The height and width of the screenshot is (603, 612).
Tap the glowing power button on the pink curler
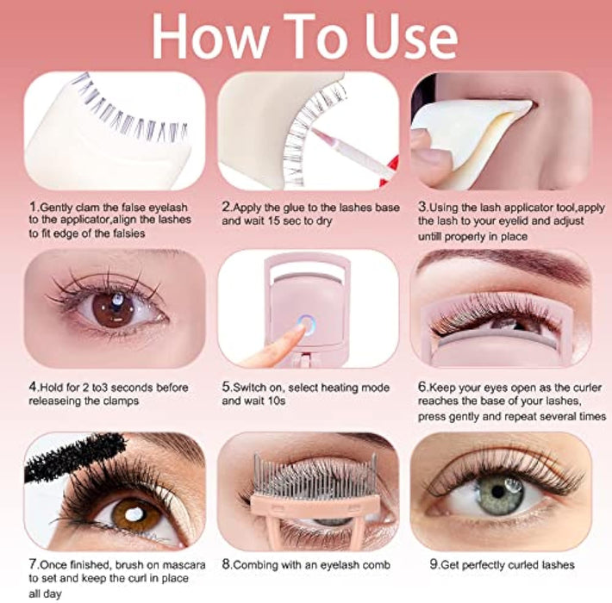click(x=306, y=325)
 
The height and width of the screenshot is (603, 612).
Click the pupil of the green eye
click(x=498, y=492)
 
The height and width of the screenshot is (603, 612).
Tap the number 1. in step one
click(x=34, y=207)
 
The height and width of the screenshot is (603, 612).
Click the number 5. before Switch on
click(x=228, y=388)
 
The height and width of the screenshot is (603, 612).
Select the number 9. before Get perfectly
click(x=435, y=564)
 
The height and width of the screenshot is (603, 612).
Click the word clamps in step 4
click(x=121, y=401)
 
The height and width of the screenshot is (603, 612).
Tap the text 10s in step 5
click(x=277, y=401)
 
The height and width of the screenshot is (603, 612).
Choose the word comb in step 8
click(x=377, y=565)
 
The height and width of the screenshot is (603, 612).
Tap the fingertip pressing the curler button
click(x=297, y=329)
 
